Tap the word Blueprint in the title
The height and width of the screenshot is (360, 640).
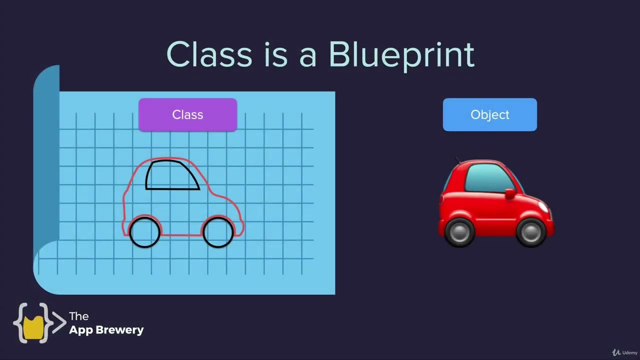pyautogui.click(x=401, y=55)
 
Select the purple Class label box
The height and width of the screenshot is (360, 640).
pyautogui.click(x=187, y=115)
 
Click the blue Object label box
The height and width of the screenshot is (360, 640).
pyautogui.click(x=489, y=115)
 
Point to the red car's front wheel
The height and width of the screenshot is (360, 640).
pyautogui.click(x=531, y=232)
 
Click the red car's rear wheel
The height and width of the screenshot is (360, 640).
pyautogui.click(x=459, y=232)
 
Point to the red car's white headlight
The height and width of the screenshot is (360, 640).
pyautogui.click(x=543, y=207)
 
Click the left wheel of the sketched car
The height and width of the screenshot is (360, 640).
pyautogui.click(x=145, y=232)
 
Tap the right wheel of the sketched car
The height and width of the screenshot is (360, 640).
pyautogui.click(x=218, y=232)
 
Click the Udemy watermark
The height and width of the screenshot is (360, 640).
pyautogui.click(x=625, y=352)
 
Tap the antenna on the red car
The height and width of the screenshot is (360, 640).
pyautogui.click(x=457, y=160)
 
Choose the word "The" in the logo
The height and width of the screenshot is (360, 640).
pyautogui.click(x=79, y=316)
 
